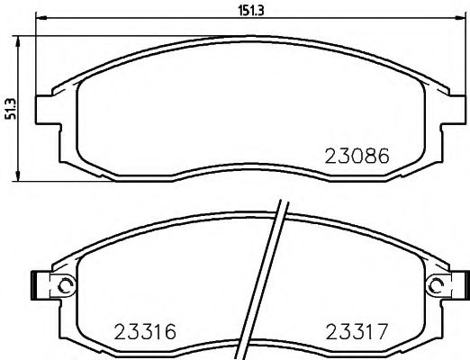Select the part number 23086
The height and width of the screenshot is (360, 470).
pos(357,155)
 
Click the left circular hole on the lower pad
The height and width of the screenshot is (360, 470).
pos(64,286)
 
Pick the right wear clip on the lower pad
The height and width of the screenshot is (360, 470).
pos(461,286)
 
